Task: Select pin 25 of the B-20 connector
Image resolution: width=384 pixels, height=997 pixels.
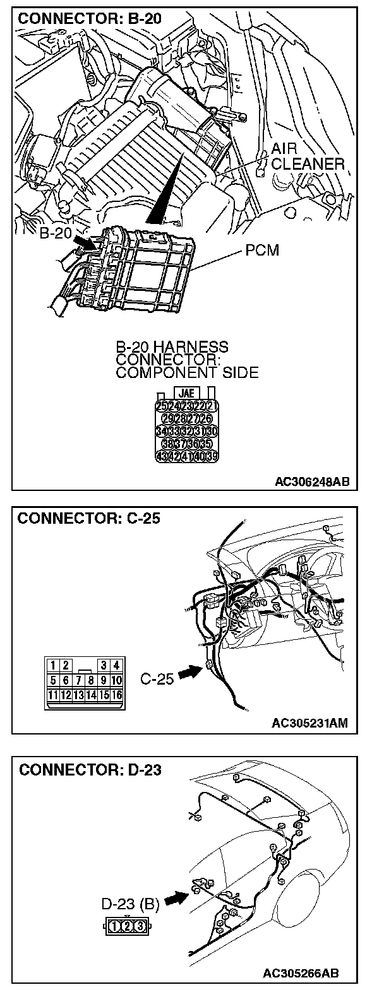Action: tap(162, 406)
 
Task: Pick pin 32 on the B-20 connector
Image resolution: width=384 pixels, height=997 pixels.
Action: tap(187, 431)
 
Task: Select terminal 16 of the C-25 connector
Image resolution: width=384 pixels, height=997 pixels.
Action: tap(117, 695)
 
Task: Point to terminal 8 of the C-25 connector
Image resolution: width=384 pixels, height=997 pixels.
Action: tap(92, 680)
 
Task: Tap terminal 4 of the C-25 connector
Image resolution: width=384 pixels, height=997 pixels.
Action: tap(117, 664)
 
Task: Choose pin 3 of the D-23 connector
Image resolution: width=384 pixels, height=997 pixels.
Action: tap(139, 926)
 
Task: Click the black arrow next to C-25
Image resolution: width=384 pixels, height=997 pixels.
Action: tap(188, 674)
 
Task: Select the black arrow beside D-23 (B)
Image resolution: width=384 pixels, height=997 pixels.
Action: tap(177, 897)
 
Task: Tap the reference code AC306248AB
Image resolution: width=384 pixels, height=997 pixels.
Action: tap(312, 482)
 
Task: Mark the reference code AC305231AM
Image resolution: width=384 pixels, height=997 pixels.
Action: tap(312, 723)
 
